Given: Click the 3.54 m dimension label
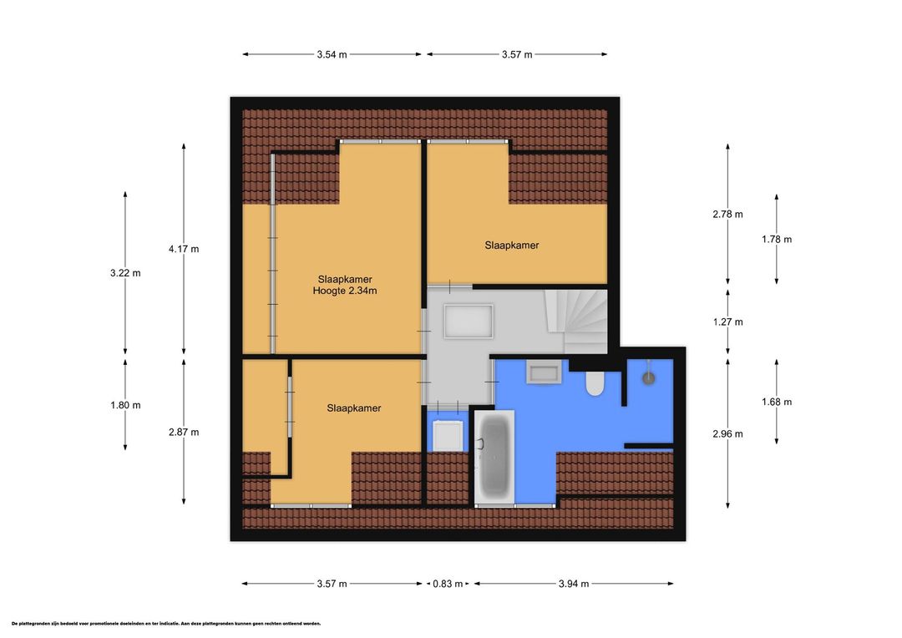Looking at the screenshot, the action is tap(332, 54).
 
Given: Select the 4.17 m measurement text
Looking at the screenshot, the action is tap(184, 249).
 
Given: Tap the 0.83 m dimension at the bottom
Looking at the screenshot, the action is tap(448, 584).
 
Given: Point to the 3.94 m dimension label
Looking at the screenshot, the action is tap(574, 584).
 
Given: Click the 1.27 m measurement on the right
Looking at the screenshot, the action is tap(727, 322).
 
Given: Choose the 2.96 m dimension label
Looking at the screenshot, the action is tap(727, 434).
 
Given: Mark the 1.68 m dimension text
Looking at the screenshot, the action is tap(777, 403).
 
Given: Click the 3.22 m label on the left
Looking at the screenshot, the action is tap(125, 273).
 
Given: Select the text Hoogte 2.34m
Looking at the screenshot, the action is tap(345, 291).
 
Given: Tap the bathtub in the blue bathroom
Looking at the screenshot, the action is tap(494, 458).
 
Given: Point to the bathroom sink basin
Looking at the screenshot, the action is tap(544, 372).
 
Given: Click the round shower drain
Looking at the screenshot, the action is tap(649, 378).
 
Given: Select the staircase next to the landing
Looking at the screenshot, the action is tap(575, 321).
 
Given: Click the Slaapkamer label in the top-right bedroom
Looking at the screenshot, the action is tap(511, 246).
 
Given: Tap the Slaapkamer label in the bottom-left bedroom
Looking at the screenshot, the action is tap(354, 408).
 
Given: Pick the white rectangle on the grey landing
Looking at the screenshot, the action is tap(469, 322).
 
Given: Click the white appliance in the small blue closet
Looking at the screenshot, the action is tap(448, 436).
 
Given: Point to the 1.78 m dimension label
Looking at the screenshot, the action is tap(777, 240).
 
